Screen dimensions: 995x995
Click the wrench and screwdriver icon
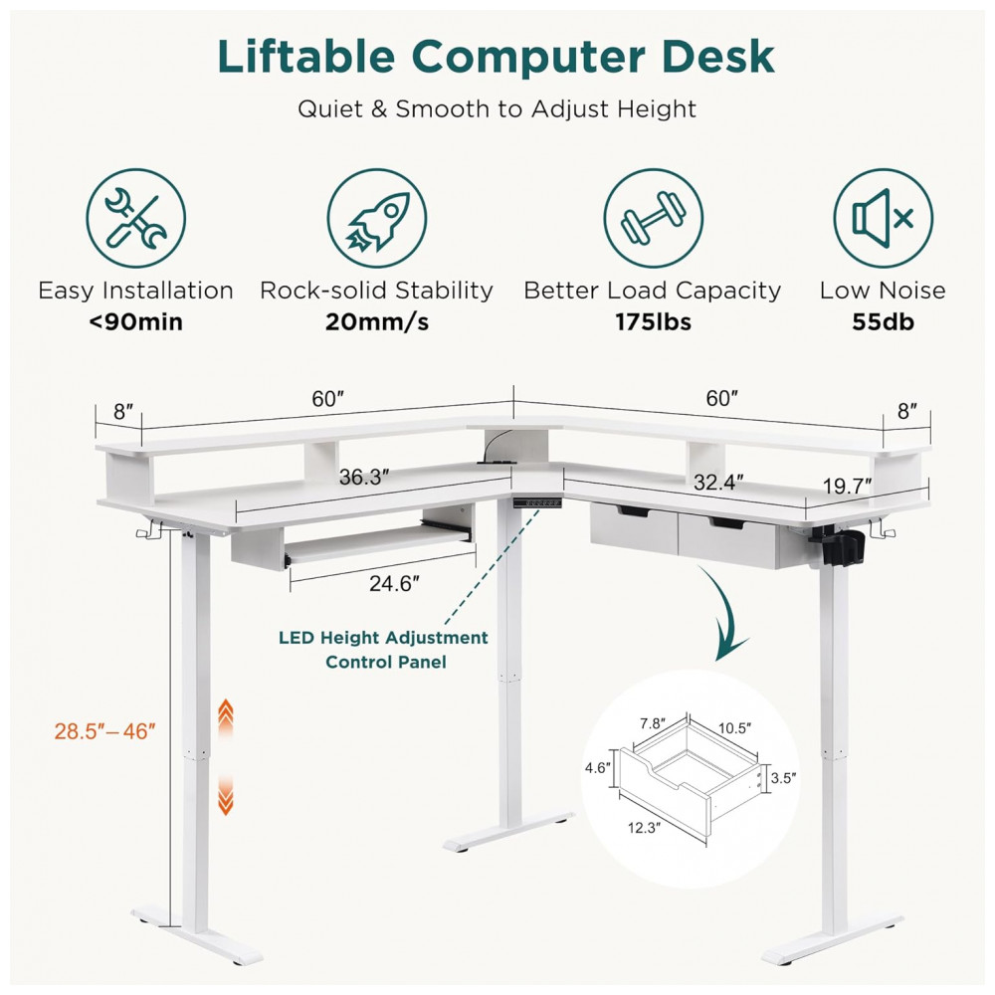(x=135, y=218)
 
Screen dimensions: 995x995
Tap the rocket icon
(x=377, y=218)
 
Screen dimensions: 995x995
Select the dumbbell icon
(x=653, y=218)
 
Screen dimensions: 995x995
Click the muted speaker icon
(x=883, y=218)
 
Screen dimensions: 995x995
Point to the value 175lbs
(x=653, y=321)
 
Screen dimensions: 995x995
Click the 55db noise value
(x=883, y=321)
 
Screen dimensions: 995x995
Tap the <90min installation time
(x=135, y=321)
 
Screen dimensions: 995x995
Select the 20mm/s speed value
(x=377, y=321)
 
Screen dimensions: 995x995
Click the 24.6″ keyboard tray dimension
(x=394, y=582)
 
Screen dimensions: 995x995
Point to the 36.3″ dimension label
(x=363, y=477)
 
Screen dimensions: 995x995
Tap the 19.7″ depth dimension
(x=847, y=487)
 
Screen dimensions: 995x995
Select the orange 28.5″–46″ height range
(x=104, y=731)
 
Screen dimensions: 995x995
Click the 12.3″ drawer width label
(x=644, y=828)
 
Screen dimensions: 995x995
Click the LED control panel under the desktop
(x=537, y=502)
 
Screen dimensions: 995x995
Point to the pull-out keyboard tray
(x=379, y=545)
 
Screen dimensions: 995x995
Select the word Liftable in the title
(x=305, y=57)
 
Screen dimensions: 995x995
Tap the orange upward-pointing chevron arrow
(x=225, y=717)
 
